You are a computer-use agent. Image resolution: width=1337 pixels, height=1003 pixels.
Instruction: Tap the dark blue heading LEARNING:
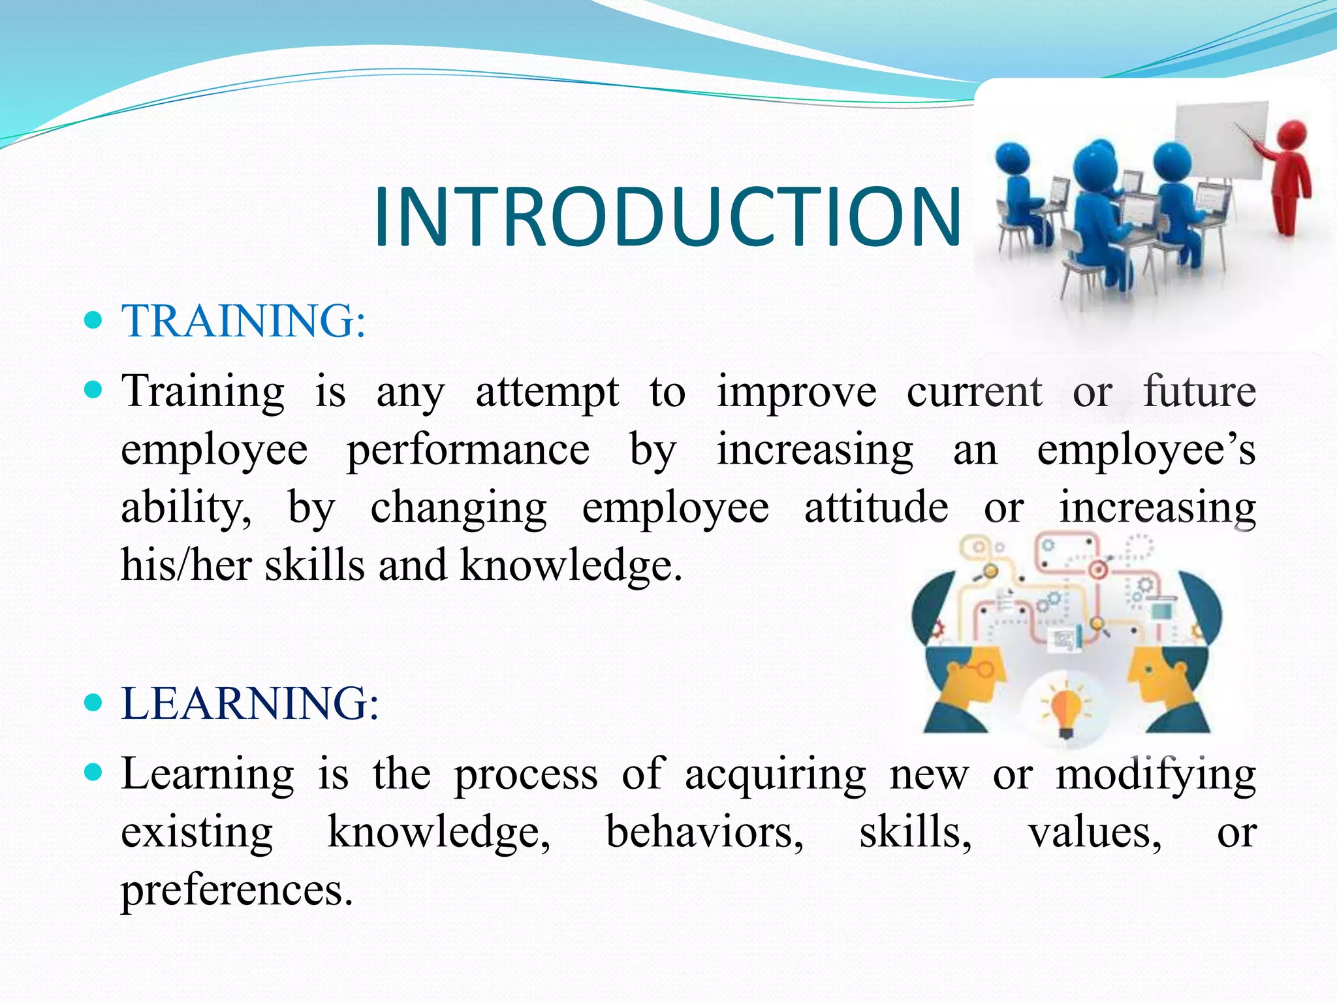[x=249, y=703]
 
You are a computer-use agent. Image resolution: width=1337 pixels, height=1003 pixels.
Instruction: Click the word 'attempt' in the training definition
[x=547, y=393]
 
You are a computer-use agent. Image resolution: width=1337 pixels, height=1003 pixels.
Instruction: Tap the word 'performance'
[x=467, y=451]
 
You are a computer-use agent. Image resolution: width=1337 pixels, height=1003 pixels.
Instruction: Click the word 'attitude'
[x=876, y=508]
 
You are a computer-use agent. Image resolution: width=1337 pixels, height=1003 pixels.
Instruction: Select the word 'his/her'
[x=186, y=565]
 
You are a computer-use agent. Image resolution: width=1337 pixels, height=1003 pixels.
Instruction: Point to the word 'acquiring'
[x=776, y=775]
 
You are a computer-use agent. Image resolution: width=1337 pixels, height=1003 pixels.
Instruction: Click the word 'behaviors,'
[x=705, y=833]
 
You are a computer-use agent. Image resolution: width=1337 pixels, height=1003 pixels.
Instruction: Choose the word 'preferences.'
[x=236, y=891]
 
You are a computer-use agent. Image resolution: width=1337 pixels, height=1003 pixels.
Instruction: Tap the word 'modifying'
[x=1156, y=775]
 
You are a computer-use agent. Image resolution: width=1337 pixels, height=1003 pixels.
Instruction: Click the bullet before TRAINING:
[x=94, y=320]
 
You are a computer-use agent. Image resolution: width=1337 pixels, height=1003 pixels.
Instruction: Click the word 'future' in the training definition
[x=1199, y=392]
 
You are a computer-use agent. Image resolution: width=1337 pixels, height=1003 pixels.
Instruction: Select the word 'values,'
[x=1095, y=833]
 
